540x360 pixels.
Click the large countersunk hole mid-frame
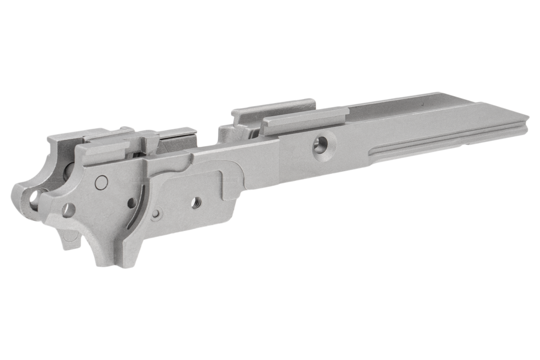point(320,145)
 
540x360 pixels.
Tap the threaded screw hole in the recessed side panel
point(196,202)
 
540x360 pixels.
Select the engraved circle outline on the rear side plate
point(102,182)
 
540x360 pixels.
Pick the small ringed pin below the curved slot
point(157,214)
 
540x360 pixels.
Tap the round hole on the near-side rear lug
point(68,209)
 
